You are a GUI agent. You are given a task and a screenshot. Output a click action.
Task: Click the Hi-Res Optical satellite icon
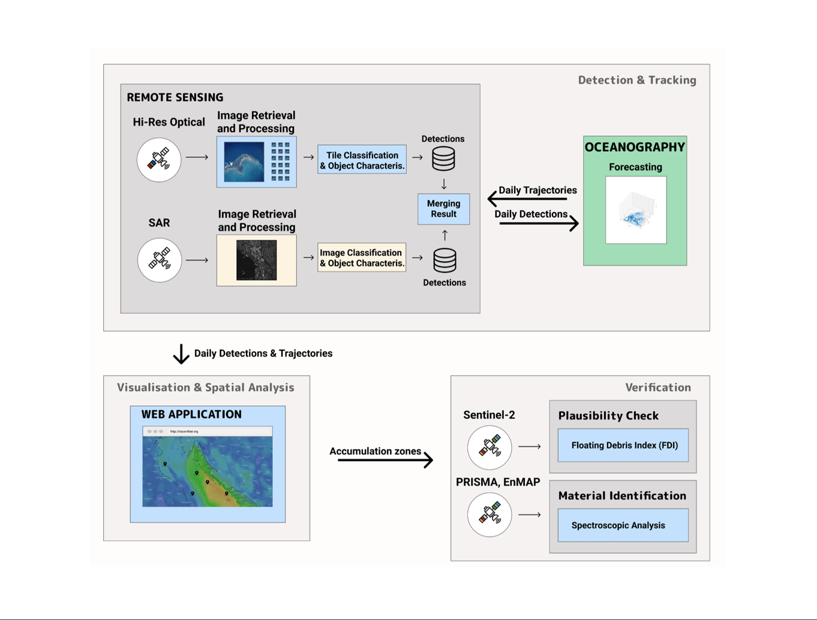coord(159,160)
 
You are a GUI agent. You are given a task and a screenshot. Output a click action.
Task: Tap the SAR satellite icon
coord(159,260)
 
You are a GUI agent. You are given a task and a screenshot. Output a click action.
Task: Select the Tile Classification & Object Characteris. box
coord(362,160)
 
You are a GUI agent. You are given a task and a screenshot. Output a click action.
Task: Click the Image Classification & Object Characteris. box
coord(362,257)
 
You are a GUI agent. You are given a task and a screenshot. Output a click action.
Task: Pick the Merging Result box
coord(443,209)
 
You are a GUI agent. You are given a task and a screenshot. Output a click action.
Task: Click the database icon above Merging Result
coord(443,159)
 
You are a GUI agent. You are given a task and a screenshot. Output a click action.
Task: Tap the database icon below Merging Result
coord(444,260)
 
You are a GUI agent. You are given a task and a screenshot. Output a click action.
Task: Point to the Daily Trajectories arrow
coord(527,198)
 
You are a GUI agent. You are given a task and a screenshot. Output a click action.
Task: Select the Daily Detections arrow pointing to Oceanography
coord(539,223)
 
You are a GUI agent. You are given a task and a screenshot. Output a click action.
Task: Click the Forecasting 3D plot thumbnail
coord(636,210)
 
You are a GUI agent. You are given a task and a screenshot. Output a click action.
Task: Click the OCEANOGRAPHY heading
coord(635,147)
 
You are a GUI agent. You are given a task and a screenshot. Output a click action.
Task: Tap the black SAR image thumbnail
coord(257,260)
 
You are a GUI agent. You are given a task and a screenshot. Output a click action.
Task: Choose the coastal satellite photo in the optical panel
coord(244,161)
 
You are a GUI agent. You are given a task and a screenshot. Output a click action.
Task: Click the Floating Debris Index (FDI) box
coord(623,445)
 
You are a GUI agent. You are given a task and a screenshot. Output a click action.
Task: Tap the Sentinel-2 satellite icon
coord(489,447)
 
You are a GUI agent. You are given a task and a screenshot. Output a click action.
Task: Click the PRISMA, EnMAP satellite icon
coord(489,514)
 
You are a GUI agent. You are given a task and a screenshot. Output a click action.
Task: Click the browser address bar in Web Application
coord(208,431)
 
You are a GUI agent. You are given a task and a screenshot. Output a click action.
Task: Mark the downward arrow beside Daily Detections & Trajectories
coord(181,354)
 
